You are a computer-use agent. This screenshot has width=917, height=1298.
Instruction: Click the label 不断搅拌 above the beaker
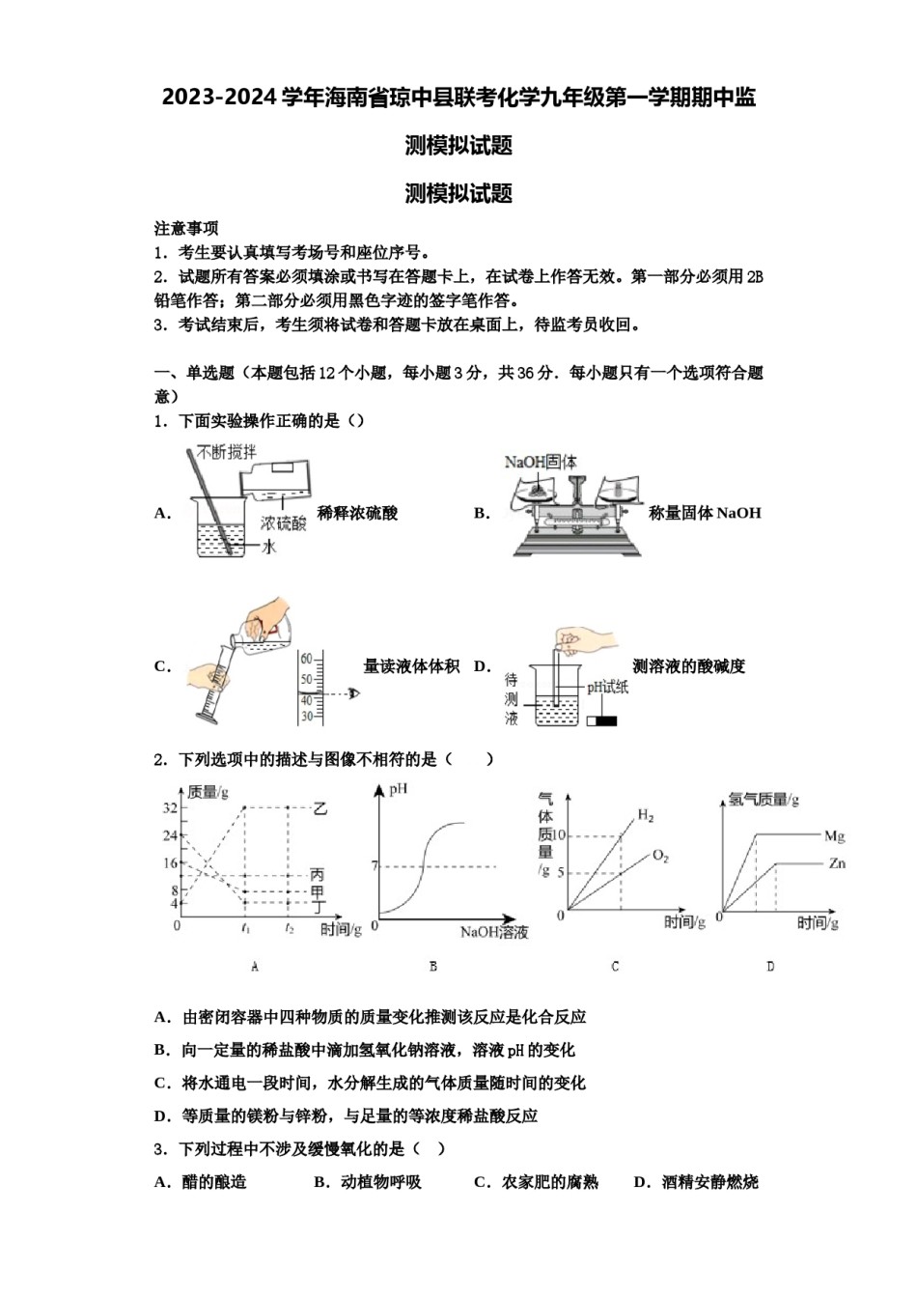pyautogui.click(x=227, y=451)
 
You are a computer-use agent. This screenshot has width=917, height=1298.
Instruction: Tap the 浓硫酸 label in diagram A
pyautogui.click(x=284, y=523)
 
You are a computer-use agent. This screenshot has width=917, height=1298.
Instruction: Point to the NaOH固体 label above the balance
pyautogui.click(x=541, y=462)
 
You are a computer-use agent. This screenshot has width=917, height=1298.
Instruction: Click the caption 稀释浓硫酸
pyautogui.click(x=357, y=514)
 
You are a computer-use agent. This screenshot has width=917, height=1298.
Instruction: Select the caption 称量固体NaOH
pyautogui.click(x=705, y=513)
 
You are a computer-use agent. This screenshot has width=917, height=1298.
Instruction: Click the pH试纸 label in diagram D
pyautogui.click(x=607, y=687)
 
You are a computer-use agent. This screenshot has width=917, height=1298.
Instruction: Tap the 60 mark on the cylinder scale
pyautogui.click(x=308, y=659)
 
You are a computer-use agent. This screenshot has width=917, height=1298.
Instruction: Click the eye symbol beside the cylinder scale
pyautogui.click(x=354, y=693)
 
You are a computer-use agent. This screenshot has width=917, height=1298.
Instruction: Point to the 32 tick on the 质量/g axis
pyautogui.click(x=170, y=807)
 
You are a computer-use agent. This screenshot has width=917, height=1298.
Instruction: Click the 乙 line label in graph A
pyautogui.click(x=320, y=808)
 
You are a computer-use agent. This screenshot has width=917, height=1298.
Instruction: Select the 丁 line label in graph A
pyautogui.click(x=318, y=905)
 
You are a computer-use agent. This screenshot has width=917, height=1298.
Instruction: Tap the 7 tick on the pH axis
pyautogui.click(x=375, y=865)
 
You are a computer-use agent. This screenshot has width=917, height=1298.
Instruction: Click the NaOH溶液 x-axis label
pyautogui.click(x=494, y=932)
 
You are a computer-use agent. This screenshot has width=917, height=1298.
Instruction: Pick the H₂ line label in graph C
pyautogui.click(x=646, y=816)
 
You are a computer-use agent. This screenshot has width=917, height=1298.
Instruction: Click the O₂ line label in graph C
pyautogui.click(x=660, y=856)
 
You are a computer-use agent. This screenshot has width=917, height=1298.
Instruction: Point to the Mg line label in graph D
pyautogui.click(x=835, y=835)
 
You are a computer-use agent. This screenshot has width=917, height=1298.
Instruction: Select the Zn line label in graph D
pyautogui.click(x=837, y=863)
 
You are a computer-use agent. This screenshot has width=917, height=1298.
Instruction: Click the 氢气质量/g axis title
pyautogui.click(x=764, y=799)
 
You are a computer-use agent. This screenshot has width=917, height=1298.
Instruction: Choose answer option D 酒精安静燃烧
pyautogui.click(x=696, y=1182)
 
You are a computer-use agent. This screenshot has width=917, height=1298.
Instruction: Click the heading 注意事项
pyautogui.click(x=186, y=228)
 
